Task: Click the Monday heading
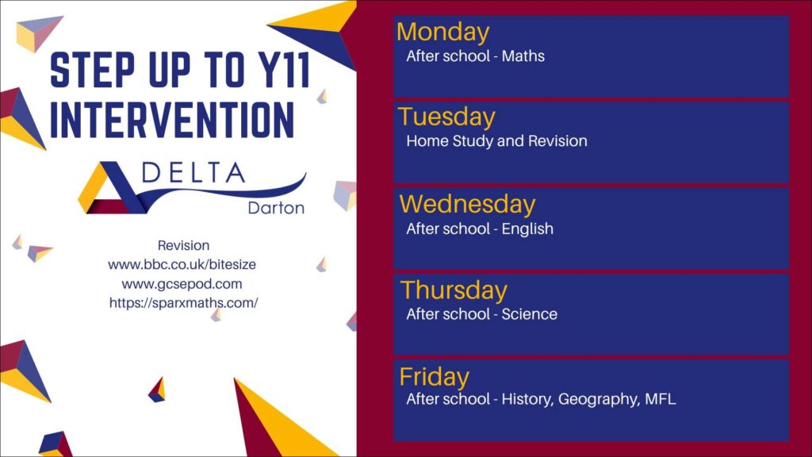442,32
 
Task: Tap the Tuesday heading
446,117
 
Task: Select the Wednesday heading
467,205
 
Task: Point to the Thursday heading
454,290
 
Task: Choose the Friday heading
434,377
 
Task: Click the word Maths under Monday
523,56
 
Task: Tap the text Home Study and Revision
496,141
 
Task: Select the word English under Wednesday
527,229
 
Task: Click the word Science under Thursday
529,314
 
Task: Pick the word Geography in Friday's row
599,400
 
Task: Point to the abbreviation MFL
661,399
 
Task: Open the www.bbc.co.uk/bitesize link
182,265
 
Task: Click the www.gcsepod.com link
182,284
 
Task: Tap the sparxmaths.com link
183,303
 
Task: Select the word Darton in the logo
276,208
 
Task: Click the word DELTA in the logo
193,172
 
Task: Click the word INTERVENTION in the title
172,120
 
